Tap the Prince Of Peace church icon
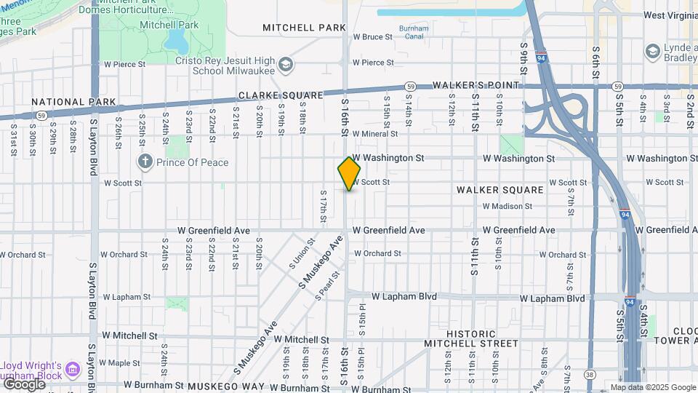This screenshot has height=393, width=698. [x=145, y=162]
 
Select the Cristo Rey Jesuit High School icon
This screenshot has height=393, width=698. [x=286, y=65]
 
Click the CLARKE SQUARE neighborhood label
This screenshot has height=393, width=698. [x=281, y=96]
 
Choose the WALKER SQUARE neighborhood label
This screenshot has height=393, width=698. [x=500, y=190]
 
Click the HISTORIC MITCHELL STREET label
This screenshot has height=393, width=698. [x=471, y=338]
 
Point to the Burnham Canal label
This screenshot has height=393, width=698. [x=414, y=32]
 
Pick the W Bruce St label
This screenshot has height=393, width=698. [x=372, y=36]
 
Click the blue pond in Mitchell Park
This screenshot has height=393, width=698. [x=176, y=39]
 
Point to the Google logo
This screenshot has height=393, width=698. [x=24, y=384]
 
